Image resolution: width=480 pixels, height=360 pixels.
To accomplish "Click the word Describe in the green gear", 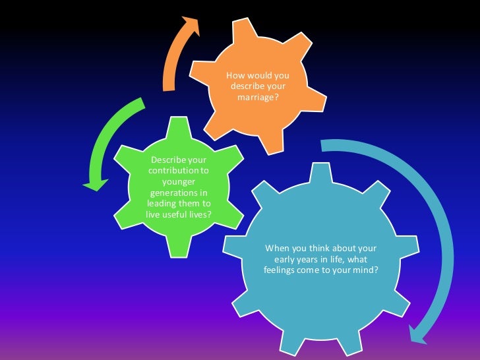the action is pos(169,160).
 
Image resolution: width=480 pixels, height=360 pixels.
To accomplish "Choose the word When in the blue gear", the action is pos(278,249).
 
